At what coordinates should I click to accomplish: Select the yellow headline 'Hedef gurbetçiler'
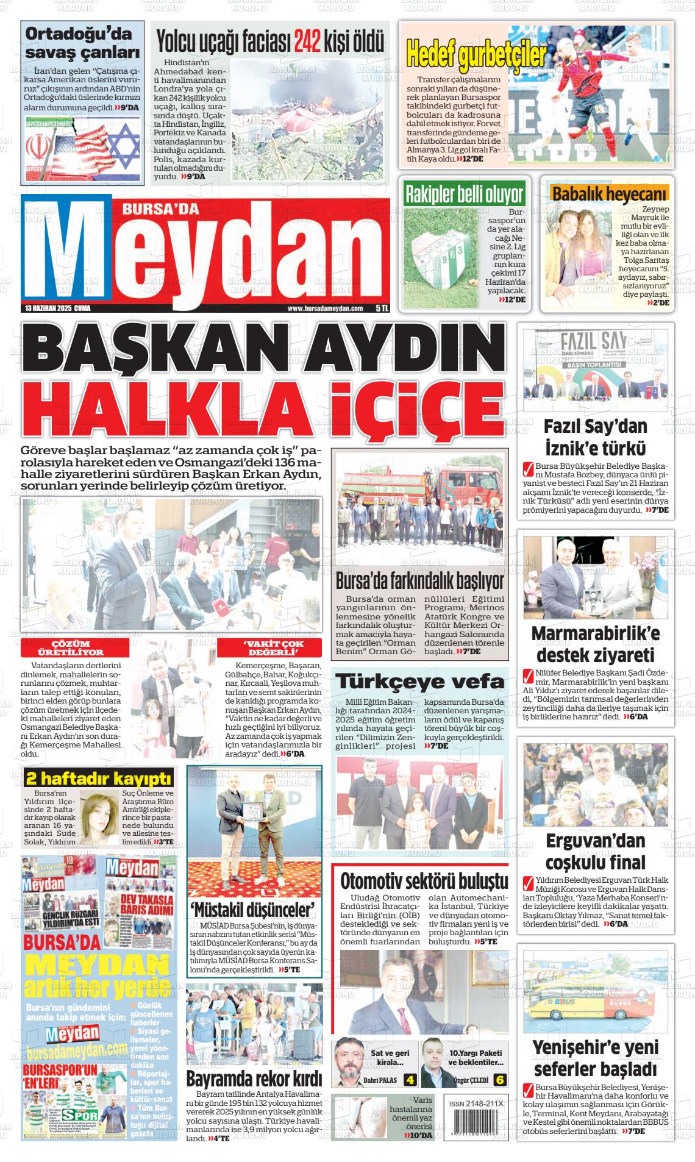click(x=476, y=55)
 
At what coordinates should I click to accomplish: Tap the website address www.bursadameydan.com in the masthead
click(x=325, y=308)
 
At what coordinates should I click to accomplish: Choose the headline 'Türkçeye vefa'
click(x=420, y=681)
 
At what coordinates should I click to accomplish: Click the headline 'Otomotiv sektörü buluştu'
click(x=424, y=881)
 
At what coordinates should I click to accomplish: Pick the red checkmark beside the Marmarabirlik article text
click(x=528, y=676)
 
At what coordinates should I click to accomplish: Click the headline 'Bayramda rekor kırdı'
click(x=254, y=1078)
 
